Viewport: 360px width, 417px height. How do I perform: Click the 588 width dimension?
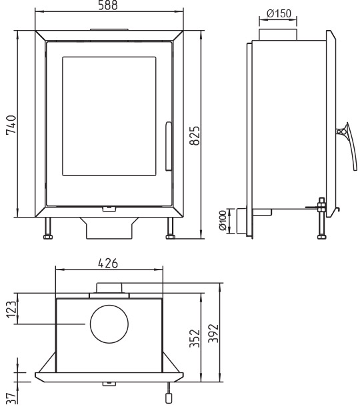click(x=108, y=5)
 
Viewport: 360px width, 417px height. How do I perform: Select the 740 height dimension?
click(x=11, y=125)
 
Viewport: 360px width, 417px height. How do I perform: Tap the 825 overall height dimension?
click(x=195, y=135)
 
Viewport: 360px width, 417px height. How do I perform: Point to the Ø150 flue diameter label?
click(x=279, y=13)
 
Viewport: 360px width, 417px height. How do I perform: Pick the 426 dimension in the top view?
click(x=108, y=264)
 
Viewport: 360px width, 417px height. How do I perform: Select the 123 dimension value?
click(x=11, y=310)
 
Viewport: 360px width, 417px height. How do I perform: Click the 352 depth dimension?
click(x=195, y=338)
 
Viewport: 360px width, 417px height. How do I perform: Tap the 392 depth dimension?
click(x=213, y=333)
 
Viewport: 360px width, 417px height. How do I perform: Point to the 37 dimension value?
click(x=11, y=398)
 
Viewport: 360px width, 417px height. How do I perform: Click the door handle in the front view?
click(x=169, y=146)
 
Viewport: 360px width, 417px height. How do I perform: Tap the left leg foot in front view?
click(x=48, y=237)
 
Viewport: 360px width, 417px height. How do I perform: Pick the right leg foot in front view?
click(x=170, y=237)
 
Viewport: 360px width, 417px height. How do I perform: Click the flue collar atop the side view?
click(x=278, y=35)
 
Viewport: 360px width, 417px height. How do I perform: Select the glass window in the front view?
click(x=109, y=116)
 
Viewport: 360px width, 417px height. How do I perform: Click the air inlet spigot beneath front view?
click(x=109, y=228)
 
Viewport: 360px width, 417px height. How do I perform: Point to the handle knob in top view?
click(x=169, y=398)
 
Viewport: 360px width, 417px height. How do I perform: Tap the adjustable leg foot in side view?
click(x=322, y=237)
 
